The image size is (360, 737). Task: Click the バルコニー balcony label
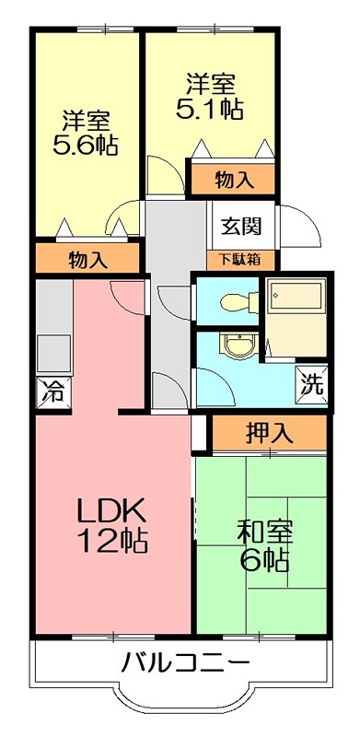pyautogui.click(x=183, y=664)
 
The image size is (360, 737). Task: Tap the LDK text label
pyautogui.click(x=111, y=509)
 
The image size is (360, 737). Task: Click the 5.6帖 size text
pyautogui.click(x=88, y=145)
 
